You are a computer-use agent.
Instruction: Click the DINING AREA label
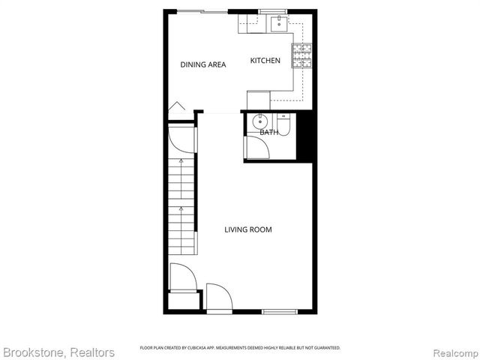[203, 65]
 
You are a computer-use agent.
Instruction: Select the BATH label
[268, 133]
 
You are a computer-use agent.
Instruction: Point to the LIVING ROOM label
[248, 229]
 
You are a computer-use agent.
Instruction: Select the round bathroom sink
[259, 121]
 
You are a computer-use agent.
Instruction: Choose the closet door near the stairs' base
[183, 277]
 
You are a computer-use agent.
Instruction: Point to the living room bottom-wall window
[280, 311]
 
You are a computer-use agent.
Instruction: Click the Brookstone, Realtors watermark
[59, 352]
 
